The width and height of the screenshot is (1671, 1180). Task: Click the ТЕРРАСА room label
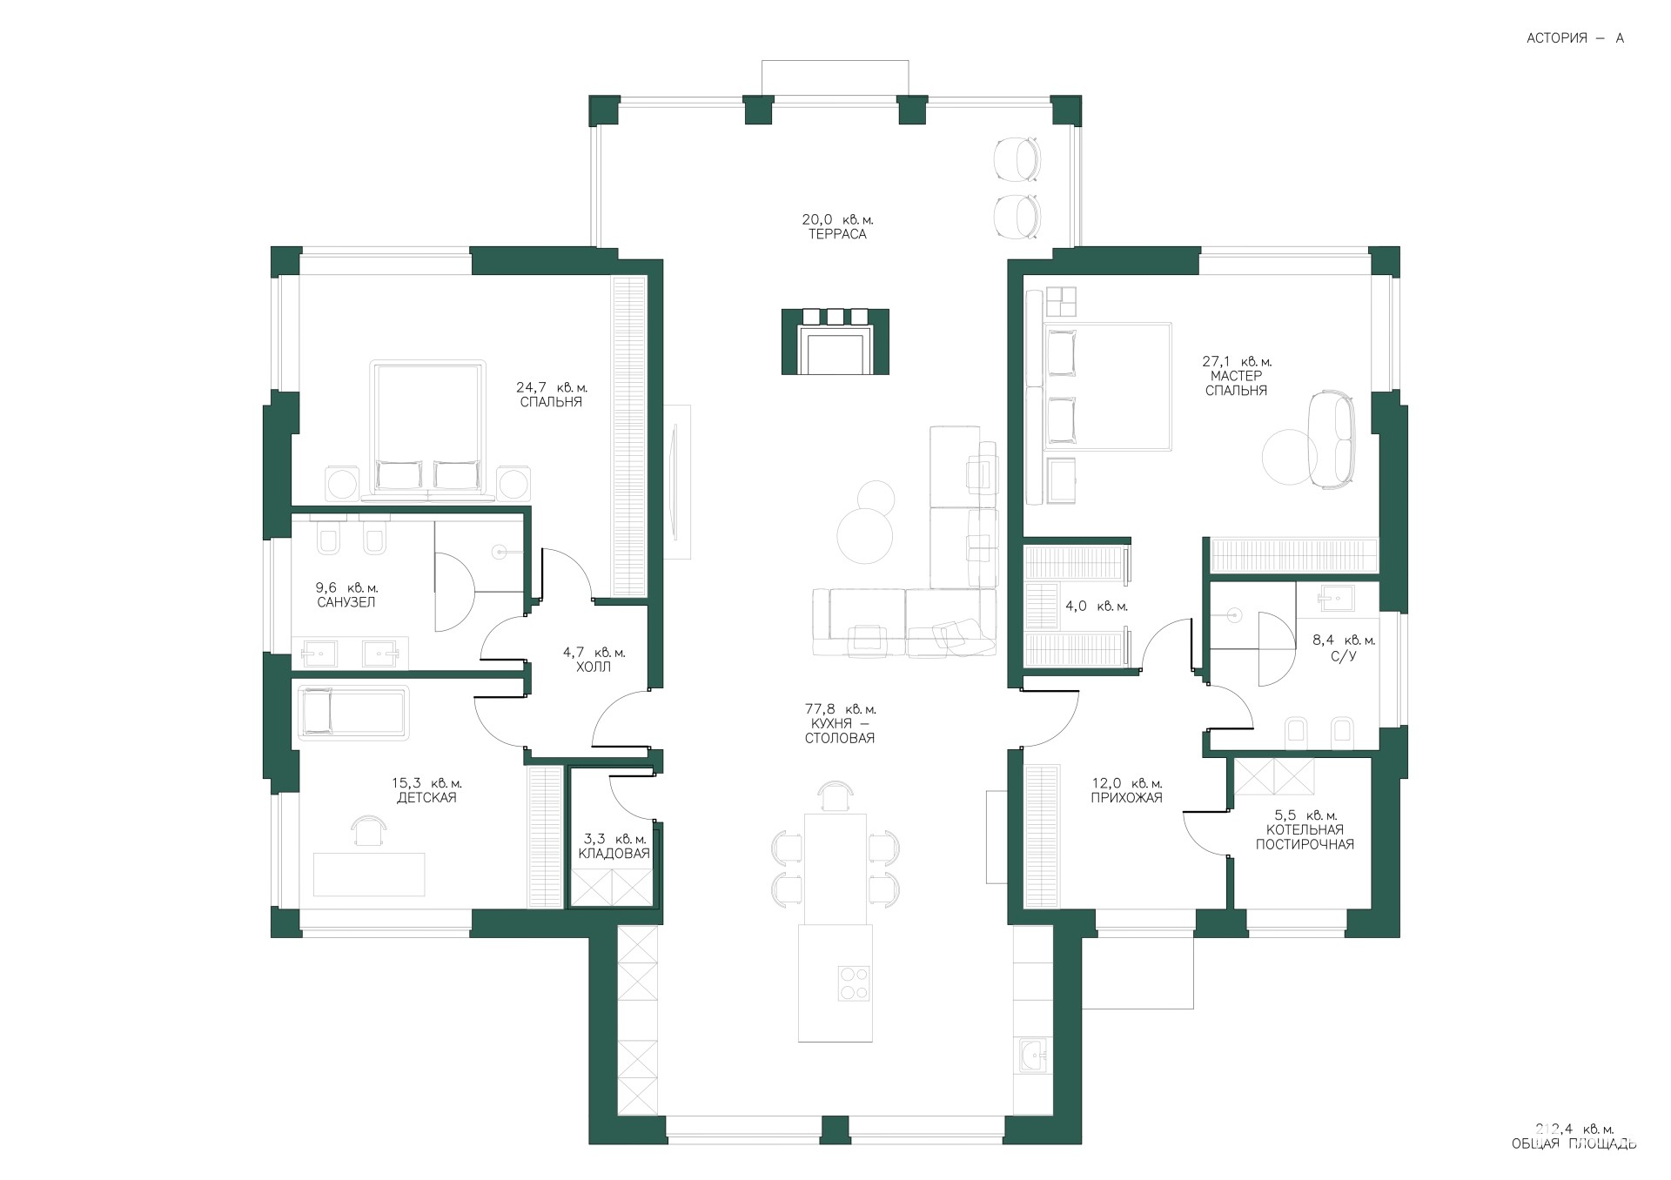836,234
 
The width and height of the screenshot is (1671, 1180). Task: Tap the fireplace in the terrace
835,341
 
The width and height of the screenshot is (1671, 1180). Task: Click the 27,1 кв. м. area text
1237,361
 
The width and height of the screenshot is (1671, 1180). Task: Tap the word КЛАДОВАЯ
614,854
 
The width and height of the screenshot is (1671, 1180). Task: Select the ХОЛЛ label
594,667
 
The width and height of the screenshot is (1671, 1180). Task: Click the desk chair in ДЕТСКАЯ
369,830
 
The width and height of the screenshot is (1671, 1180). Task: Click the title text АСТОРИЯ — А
1575,38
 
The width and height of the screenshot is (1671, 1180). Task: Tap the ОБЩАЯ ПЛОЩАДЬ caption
1574,1143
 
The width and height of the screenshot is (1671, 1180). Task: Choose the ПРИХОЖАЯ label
1126,798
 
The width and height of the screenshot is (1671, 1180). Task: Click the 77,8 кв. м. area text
840,709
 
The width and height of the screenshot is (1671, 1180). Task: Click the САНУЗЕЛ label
346,602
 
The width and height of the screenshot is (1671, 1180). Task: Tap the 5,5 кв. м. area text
1305,815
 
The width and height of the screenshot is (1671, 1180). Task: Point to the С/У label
1345,655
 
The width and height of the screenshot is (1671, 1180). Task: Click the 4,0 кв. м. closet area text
1097,607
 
